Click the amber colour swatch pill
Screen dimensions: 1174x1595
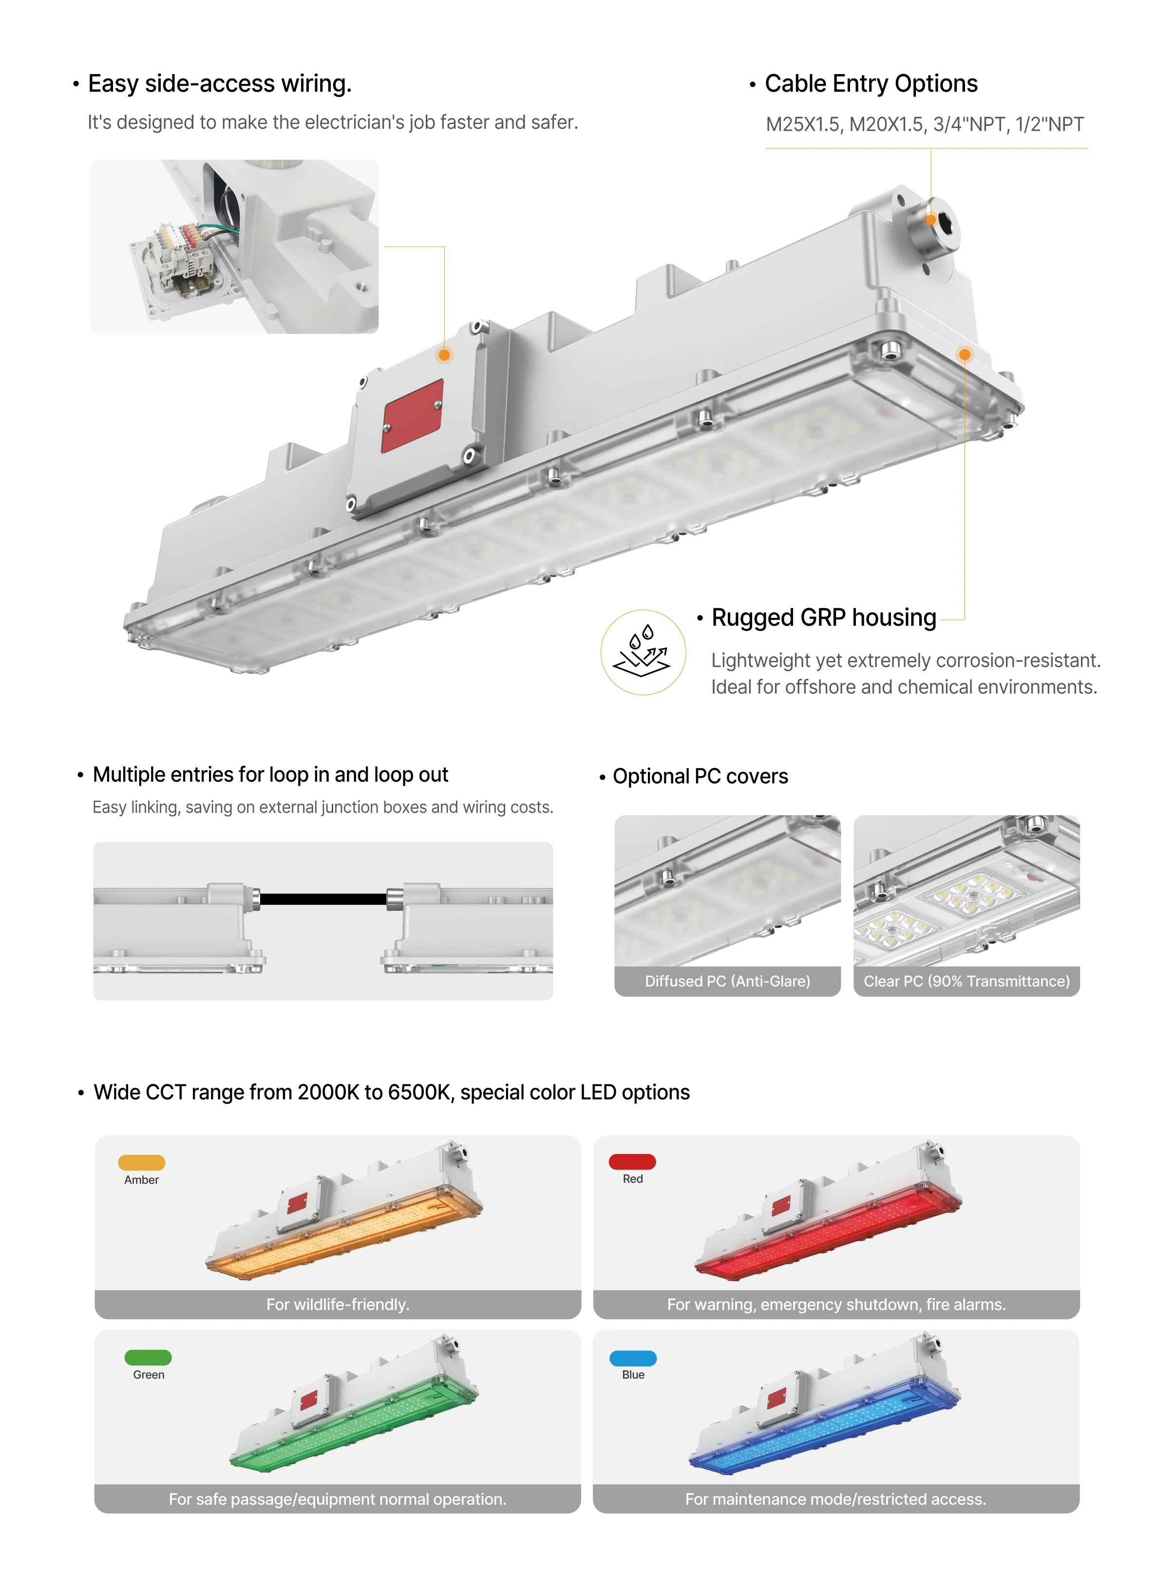tap(141, 1162)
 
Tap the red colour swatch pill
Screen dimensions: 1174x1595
tap(632, 1161)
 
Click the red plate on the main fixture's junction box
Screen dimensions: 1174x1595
tap(413, 416)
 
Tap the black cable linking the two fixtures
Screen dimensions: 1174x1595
tap(323, 899)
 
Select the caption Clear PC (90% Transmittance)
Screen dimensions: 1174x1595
tap(966, 981)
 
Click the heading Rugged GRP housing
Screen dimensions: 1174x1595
tap(824, 617)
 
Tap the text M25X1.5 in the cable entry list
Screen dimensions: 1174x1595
tap(803, 124)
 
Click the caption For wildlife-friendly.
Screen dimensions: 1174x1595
tap(338, 1304)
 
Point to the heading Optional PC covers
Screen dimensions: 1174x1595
tap(700, 776)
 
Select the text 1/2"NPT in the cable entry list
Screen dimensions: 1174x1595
tap(1050, 124)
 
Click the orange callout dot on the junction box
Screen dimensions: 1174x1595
tap(444, 355)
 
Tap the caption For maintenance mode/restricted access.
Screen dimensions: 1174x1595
tap(836, 1499)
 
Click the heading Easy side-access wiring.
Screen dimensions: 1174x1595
tap(220, 84)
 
